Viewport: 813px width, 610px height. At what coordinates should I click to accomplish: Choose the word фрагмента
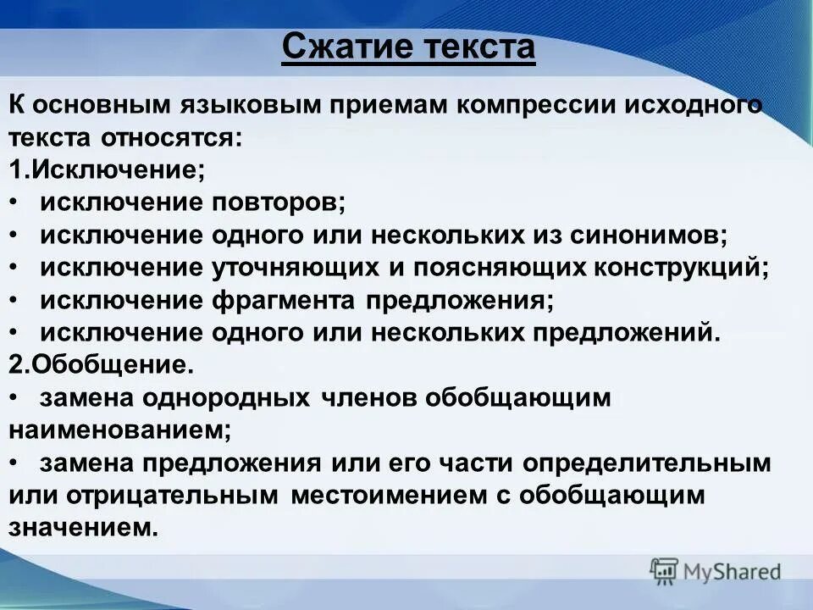pyautogui.click(x=284, y=300)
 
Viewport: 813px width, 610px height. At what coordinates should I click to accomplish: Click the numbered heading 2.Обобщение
pyautogui.click(x=102, y=364)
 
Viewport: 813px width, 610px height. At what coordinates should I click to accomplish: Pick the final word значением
pyautogui.click(x=84, y=528)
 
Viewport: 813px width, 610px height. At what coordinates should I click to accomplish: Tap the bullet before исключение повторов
pyautogui.click(x=17, y=202)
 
